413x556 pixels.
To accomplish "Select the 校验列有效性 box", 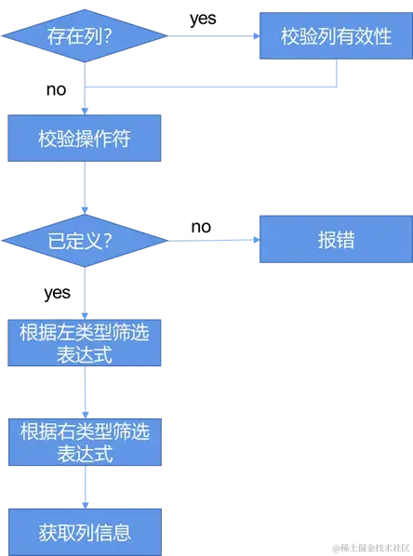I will [334, 37].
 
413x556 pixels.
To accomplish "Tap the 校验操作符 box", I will [85, 139].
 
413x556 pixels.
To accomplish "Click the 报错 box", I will [334, 241].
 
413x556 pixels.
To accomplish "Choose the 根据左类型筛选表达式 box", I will [85, 343].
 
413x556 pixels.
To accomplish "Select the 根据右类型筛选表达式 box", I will [85, 443].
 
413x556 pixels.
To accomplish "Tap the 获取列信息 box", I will [85, 532].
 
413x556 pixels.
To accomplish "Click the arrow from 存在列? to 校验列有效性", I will [214, 37].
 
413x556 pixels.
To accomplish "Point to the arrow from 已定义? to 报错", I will [214, 241].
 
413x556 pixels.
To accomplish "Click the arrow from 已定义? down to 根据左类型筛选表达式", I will [85, 291].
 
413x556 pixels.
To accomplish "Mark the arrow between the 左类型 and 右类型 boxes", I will [85, 393].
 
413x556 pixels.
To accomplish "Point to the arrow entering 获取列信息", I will [85, 488].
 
